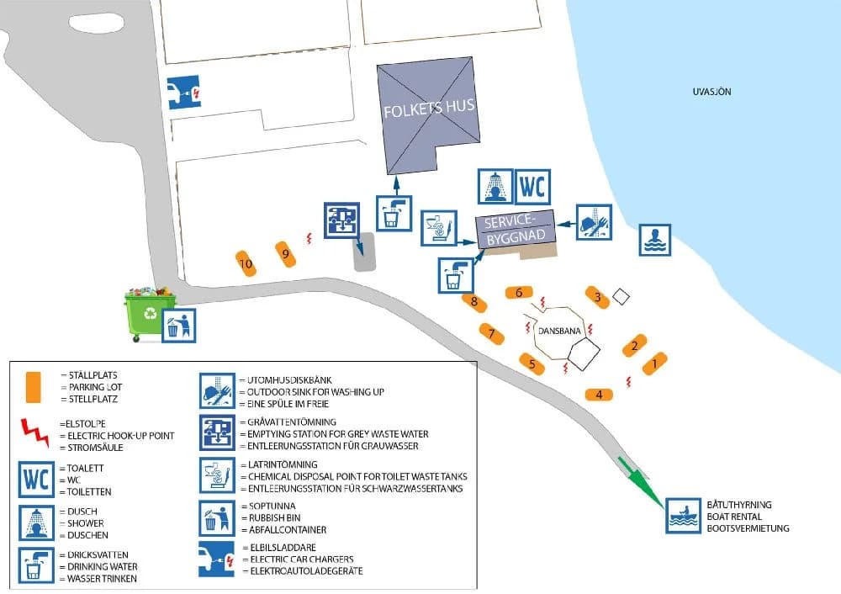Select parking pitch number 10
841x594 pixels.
246,263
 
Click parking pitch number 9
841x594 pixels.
286,252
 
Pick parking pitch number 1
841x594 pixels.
654,364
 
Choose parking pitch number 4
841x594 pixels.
599,394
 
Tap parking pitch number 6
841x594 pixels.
520,293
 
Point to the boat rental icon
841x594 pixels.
684,515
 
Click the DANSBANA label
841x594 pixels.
558,331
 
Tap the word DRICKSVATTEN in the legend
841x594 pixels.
91,557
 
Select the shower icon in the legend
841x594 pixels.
36,522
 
